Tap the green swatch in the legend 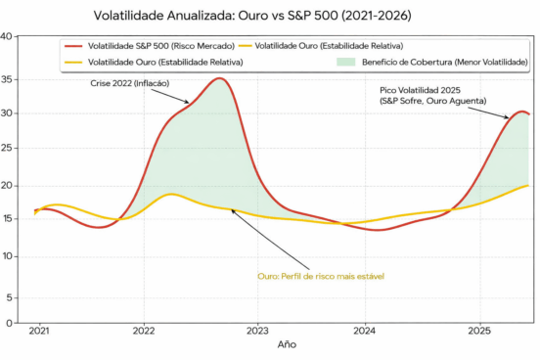345,62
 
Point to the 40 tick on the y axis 7,37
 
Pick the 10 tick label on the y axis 7,257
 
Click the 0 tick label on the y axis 9,322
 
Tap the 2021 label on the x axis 39,333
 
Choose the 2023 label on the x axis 257,333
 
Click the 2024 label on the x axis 366,333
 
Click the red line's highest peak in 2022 221,78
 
